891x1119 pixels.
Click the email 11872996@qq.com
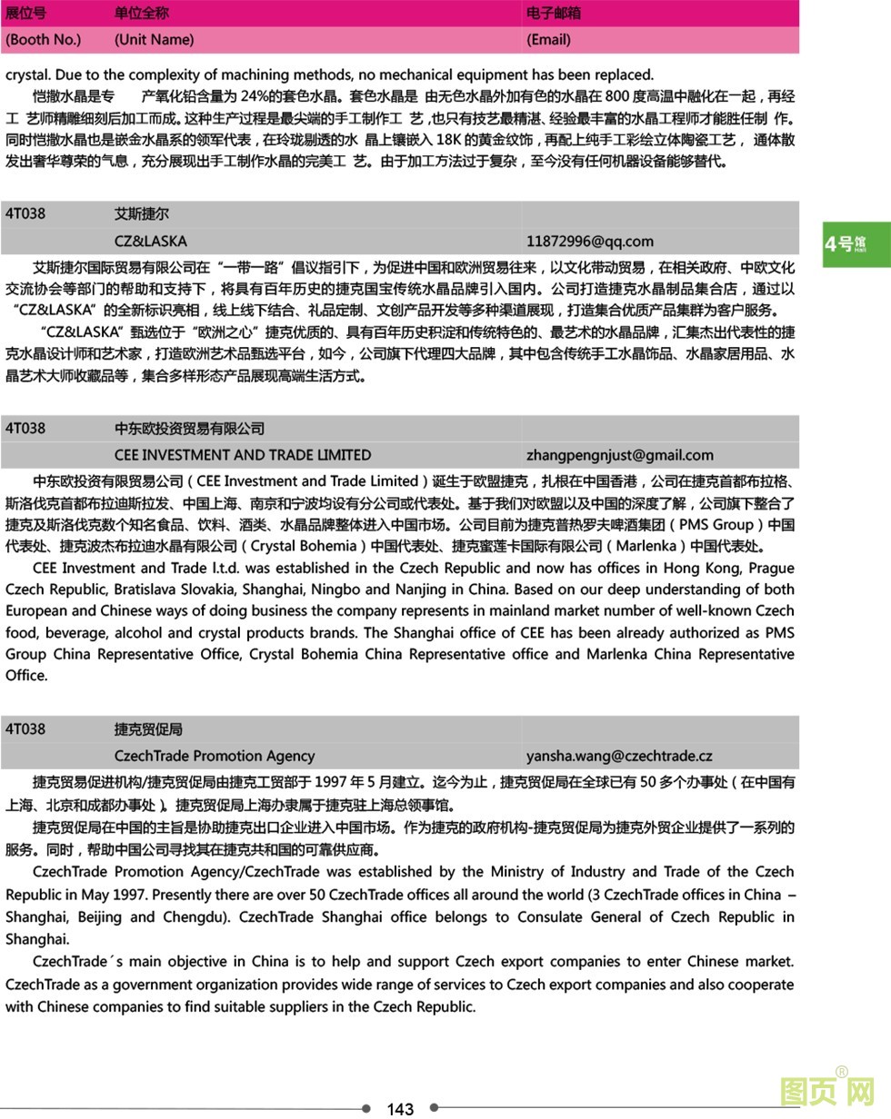coord(589,241)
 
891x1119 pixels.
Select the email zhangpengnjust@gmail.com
coord(619,455)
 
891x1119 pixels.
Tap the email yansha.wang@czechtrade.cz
coord(618,756)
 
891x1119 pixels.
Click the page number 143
coord(400,1108)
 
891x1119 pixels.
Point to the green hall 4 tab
coord(856,243)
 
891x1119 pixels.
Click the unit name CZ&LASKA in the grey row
coord(151,241)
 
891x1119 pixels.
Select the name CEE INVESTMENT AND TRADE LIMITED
coord(243,455)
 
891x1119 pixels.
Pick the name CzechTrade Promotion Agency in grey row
coord(215,756)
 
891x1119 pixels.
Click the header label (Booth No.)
coord(43,39)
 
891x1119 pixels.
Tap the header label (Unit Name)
coord(154,39)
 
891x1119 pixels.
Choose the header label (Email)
coord(548,39)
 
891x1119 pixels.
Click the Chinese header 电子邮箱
coord(554,13)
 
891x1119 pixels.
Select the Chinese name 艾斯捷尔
coord(141,214)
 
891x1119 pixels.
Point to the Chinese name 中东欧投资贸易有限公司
coord(189,429)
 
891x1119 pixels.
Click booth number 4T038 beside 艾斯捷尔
coord(25,214)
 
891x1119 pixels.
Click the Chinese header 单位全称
coord(141,13)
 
